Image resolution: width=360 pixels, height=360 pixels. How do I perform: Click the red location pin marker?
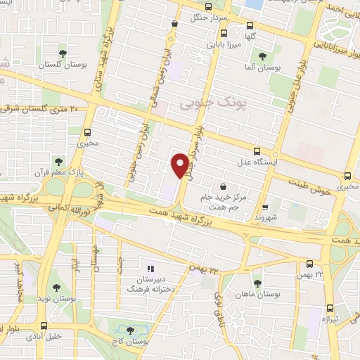(x=181, y=165)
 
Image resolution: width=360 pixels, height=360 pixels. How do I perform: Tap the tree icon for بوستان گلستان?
(x=63, y=53)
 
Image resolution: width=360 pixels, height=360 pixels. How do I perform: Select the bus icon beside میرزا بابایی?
(x=224, y=34)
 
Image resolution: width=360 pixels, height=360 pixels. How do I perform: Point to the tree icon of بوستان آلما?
(x=262, y=56)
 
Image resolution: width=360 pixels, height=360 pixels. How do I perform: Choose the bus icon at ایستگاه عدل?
(x=257, y=150)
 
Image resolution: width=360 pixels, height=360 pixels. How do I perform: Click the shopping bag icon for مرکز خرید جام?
(x=223, y=187)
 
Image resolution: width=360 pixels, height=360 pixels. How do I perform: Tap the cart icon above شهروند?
(x=264, y=207)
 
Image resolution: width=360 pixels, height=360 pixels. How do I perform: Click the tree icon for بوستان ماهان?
(x=257, y=283)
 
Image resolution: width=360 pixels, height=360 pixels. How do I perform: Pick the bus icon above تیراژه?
(x=330, y=309)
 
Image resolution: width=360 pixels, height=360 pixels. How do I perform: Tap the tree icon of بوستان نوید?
(x=56, y=287)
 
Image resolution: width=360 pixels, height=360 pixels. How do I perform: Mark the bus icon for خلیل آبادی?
(x=44, y=326)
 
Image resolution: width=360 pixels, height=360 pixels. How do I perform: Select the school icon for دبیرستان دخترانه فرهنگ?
(x=149, y=269)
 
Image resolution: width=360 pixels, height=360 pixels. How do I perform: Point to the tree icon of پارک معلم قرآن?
(x=58, y=162)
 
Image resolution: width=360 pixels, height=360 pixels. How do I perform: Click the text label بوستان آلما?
(x=267, y=69)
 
